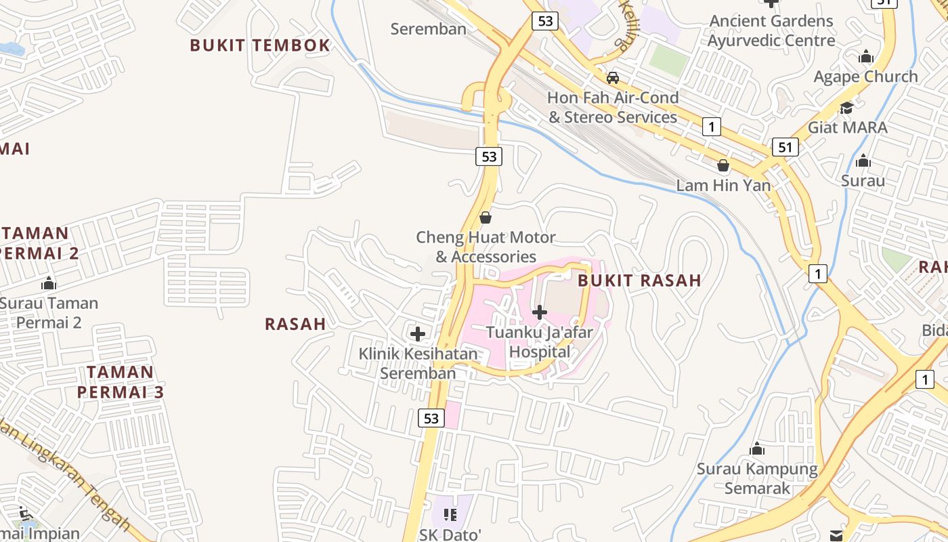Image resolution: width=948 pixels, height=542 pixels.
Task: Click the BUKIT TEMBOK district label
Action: tap(260, 45)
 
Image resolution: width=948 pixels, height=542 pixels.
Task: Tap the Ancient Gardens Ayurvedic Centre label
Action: tap(771, 30)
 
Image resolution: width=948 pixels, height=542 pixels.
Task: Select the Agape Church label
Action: tap(866, 77)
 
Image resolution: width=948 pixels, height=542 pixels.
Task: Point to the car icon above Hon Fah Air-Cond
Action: tap(613, 78)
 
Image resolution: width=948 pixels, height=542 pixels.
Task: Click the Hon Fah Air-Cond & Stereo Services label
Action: tap(613, 108)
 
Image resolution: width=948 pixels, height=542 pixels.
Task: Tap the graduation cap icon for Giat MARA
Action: tap(846, 108)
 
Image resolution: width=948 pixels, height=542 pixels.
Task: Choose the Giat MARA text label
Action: tap(847, 127)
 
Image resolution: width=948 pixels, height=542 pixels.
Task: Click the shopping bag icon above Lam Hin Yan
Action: tap(723, 165)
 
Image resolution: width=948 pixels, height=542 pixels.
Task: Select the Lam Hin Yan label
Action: tap(723, 186)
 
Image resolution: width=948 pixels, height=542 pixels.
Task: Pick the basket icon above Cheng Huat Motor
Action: tap(485, 218)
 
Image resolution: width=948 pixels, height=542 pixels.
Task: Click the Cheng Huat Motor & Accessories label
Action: tap(486, 247)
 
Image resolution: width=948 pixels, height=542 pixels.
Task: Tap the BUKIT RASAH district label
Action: tap(639, 280)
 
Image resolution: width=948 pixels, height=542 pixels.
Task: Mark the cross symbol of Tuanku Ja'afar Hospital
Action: tap(540, 312)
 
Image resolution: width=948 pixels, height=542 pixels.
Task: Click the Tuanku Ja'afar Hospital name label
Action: tap(540, 342)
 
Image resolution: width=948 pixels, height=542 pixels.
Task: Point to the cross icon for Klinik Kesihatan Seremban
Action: tap(418, 334)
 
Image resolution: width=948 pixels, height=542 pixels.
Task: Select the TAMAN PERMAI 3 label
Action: tap(121, 382)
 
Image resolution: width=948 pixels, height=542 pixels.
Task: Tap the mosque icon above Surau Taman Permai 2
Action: tap(48, 283)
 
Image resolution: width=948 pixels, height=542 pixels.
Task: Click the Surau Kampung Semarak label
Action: tap(757, 478)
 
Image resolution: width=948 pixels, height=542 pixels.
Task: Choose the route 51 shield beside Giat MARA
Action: tap(785, 147)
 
